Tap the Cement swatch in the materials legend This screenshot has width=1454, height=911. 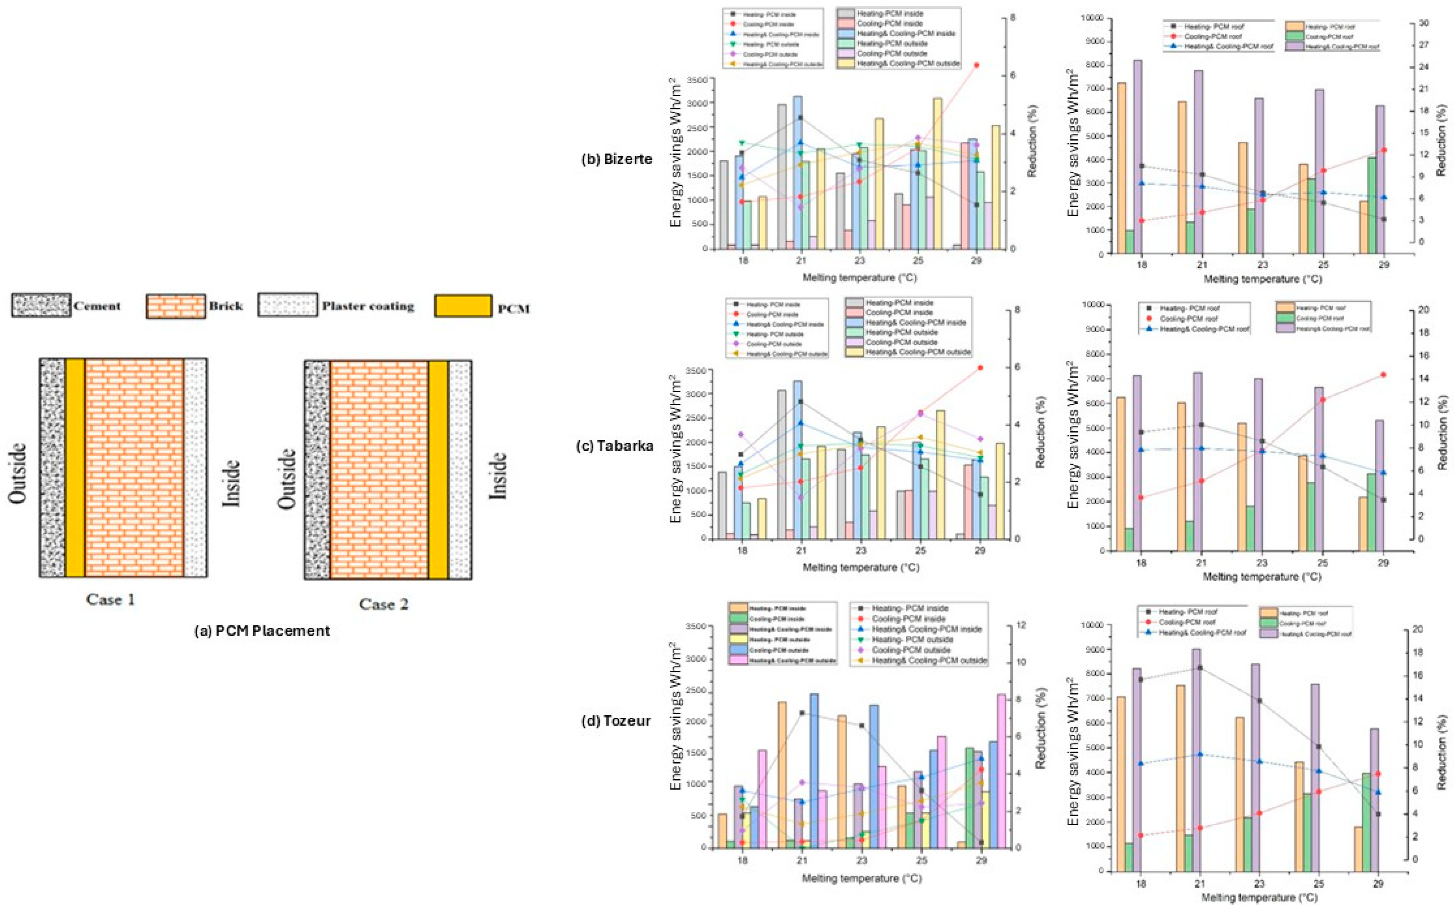point(40,306)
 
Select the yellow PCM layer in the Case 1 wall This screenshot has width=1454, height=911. point(75,468)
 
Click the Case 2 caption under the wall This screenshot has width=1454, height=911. point(384,604)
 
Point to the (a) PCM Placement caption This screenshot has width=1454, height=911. point(262,631)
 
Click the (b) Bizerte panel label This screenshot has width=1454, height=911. point(616,159)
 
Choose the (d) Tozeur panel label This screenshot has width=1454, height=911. point(618,720)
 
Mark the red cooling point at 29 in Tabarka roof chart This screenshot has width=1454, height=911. point(1383,375)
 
